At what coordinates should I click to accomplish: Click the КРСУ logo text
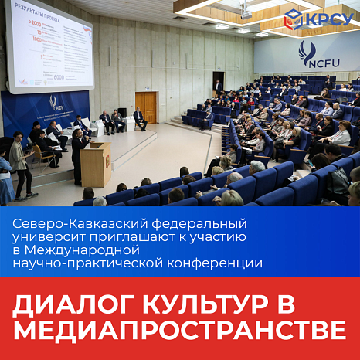pos(331,19)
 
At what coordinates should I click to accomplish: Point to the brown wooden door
pos(146,107)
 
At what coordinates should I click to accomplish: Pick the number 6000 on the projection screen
pos(59,77)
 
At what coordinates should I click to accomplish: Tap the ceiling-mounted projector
pos(246,12)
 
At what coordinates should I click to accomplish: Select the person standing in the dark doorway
pos(218,86)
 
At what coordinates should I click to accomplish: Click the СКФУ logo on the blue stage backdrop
pos(54,103)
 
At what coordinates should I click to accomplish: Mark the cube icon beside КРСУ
pos(294,19)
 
